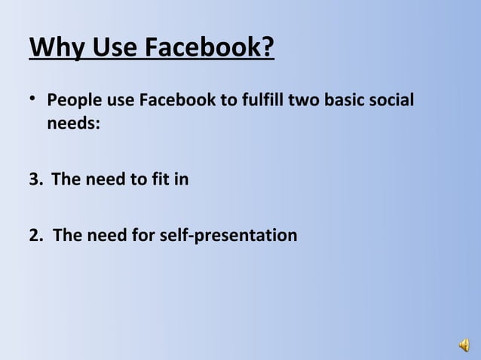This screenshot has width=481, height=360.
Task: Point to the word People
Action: [x=72, y=101]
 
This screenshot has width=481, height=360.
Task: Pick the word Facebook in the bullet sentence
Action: [x=174, y=101]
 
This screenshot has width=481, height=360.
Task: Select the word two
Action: [x=306, y=101]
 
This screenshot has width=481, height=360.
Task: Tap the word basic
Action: [x=348, y=101]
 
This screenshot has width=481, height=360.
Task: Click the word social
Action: [x=394, y=101]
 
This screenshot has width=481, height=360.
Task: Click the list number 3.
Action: [x=35, y=180]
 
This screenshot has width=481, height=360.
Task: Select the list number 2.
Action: [x=35, y=236]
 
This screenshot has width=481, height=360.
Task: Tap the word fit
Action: [x=157, y=180]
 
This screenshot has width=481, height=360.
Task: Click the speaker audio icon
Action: [x=462, y=346]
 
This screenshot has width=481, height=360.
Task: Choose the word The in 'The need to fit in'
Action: [x=67, y=180]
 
